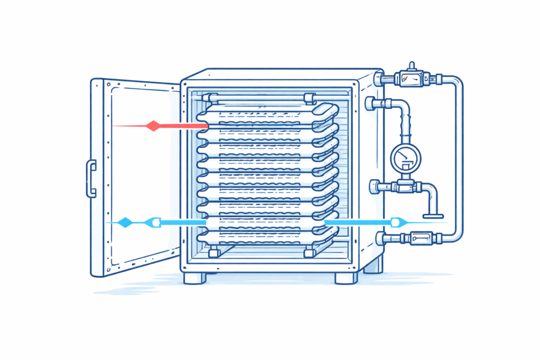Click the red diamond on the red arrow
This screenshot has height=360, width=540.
click(152, 126)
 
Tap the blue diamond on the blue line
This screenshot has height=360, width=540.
click(125, 222)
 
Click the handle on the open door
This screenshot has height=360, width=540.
click(91, 179)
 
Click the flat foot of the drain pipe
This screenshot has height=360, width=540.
click(433, 215)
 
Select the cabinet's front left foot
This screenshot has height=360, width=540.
click(195, 278)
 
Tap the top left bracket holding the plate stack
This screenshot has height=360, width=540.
click(212, 98)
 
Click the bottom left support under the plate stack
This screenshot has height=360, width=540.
click(214, 252)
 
